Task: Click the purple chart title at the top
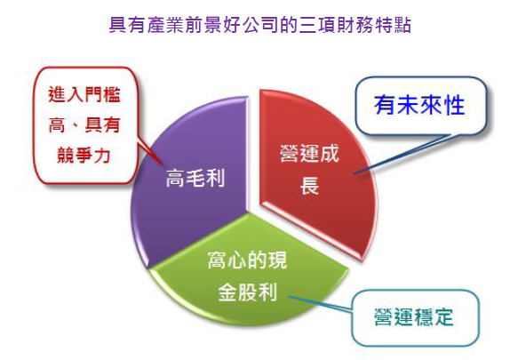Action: [260, 26]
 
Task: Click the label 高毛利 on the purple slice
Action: [195, 178]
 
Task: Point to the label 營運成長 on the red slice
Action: [309, 169]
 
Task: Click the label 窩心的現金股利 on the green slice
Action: [247, 276]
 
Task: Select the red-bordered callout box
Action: [85, 125]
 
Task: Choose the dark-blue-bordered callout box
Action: [421, 106]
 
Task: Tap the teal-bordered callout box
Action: [415, 318]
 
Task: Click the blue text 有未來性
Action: [419, 106]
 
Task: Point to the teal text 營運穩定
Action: [414, 317]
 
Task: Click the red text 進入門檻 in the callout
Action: [84, 95]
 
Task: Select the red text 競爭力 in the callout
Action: [84, 155]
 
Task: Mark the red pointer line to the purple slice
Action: [149, 153]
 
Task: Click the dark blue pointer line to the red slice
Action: [402, 155]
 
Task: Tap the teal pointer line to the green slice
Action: [320, 304]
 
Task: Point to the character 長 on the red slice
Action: [309, 186]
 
